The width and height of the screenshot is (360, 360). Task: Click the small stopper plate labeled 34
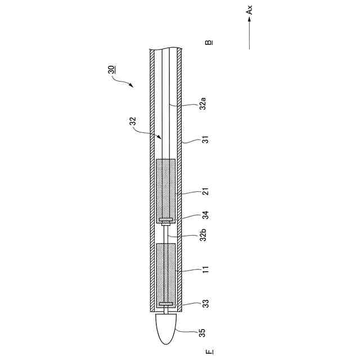pos(166,220)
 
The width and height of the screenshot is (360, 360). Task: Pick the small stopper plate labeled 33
pos(166,304)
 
